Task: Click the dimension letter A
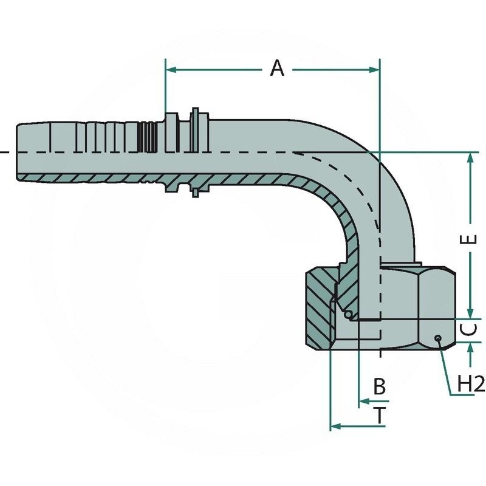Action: pos(277,69)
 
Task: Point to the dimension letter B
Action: pos(379,386)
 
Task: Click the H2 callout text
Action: pos(471,383)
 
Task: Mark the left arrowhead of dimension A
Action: pos(171,70)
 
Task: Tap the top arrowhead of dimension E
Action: pos(470,157)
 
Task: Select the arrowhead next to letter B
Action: pos(363,401)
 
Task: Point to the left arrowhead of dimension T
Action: pos(335,426)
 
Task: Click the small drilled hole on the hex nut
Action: pos(437,339)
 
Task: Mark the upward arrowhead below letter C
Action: pos(470,347)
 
